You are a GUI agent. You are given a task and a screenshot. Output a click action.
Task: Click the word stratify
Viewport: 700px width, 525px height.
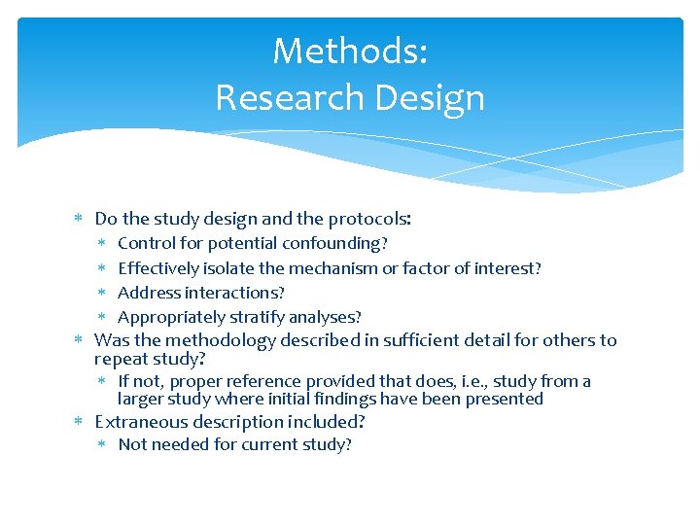point(257,317)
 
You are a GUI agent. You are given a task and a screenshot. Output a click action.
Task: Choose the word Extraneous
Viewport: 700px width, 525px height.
point(137,422)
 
